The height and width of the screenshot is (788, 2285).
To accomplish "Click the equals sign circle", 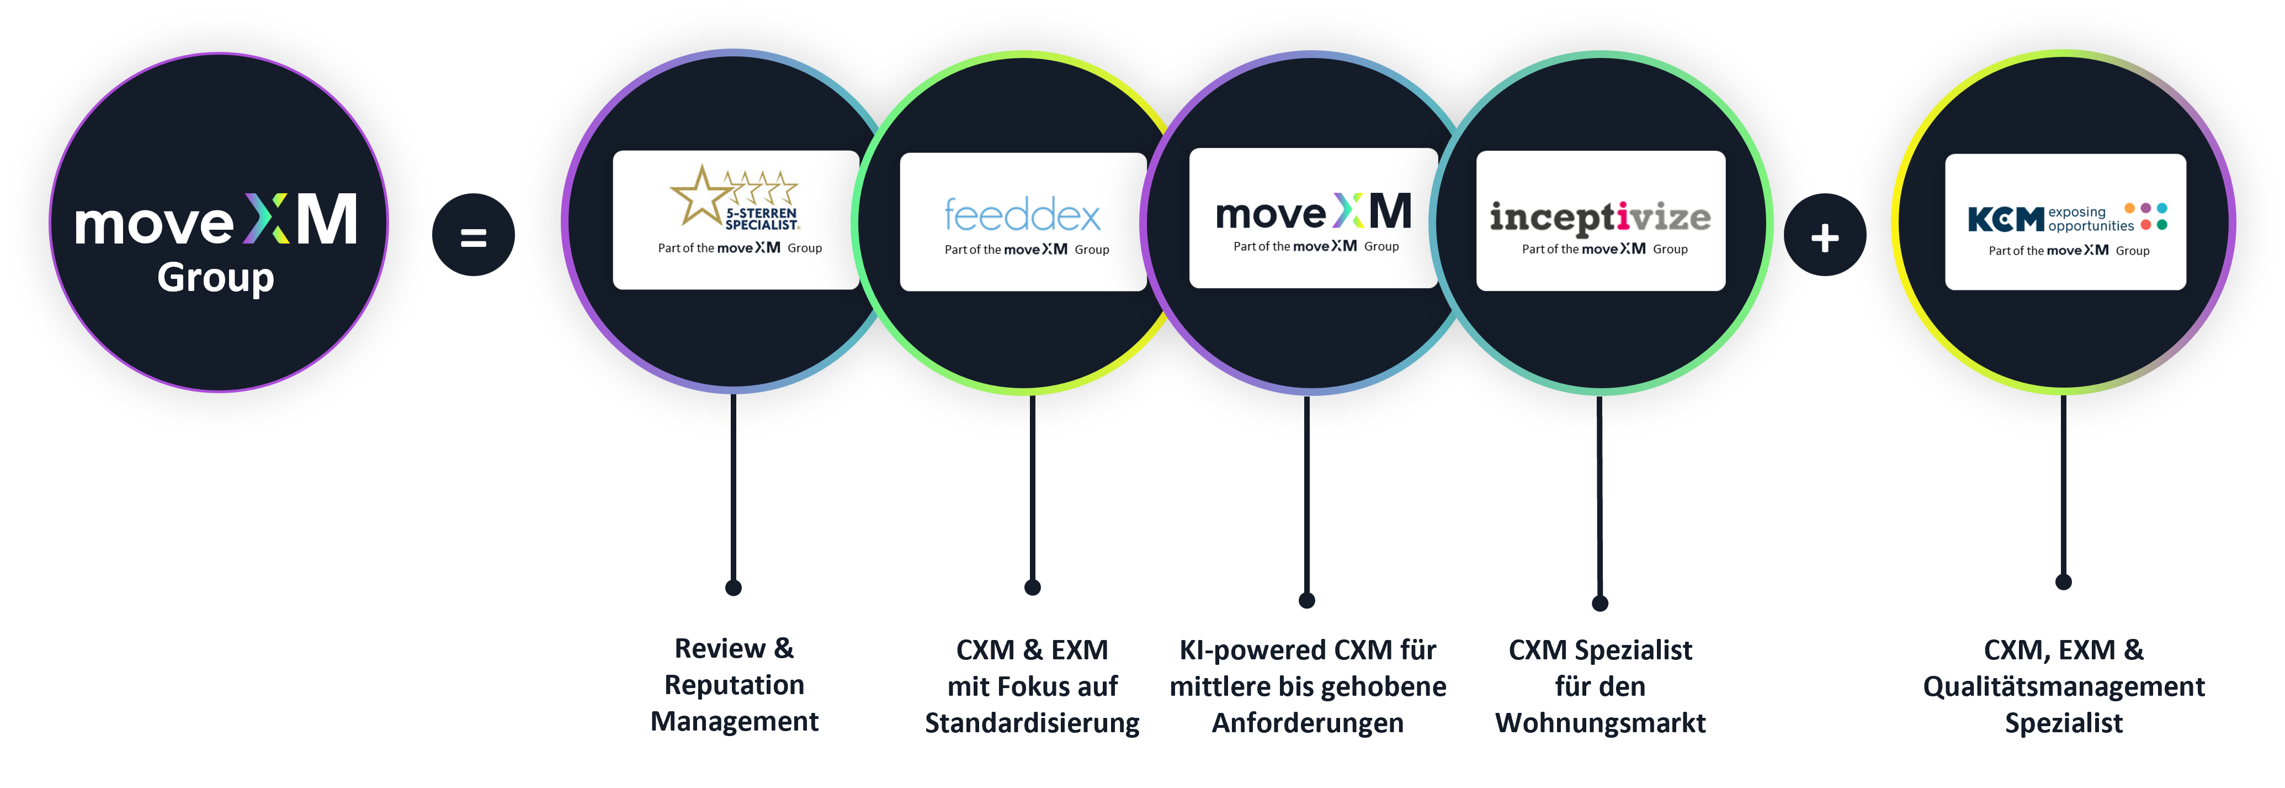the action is tap(473, 235).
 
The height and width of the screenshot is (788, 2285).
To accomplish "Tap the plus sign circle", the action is tap(1825, 235).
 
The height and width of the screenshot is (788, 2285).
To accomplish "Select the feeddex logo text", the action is tap(1023, 215).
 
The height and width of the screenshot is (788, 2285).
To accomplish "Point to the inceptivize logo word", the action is tap(1600, 218).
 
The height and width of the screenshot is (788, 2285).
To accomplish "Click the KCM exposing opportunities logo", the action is tap(2068, 218).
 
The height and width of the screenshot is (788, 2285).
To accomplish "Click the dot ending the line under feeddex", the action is tap(1033, 588).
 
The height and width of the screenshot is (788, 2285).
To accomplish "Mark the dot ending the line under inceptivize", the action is tap(1600, 604).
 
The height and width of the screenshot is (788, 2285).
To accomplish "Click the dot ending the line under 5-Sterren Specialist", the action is tap(734, 588).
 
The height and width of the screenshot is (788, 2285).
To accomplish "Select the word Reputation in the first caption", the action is tap(735, 685).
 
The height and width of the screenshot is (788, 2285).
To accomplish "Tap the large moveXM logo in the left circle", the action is tap(216, 220).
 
